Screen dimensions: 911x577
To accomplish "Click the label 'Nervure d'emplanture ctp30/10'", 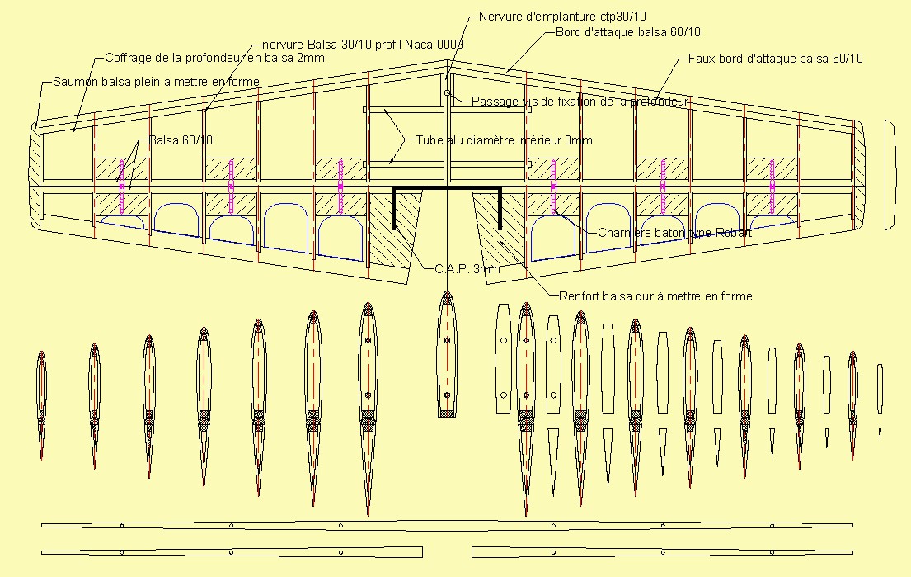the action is pyautogui.click(x=561, y=17).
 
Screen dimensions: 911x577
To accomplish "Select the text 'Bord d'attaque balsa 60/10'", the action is pyautogui.click(x=628, y=32).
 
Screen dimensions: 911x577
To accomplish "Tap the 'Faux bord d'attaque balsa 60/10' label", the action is pyautogui.click(x=775, y=59).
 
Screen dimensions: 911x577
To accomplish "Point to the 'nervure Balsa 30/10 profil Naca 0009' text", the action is pyautogui.click(x=363, y=45).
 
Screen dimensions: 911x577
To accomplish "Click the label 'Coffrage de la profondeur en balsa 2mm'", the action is pyautogui.click(x=214, y=58).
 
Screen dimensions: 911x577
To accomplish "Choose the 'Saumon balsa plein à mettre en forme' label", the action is pyautogui.click(x=156, y=82).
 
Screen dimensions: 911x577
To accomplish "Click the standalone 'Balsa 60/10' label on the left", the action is pyautogui.click(x=181, y=140).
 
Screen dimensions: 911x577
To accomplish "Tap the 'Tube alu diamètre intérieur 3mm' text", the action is pyautogui.click(x=504, y=140).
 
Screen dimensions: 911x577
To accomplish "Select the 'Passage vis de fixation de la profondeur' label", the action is pyautogui.click(x=580, y=102).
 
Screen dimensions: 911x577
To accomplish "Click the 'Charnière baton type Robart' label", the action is pyautogui.click(x=674, y=234).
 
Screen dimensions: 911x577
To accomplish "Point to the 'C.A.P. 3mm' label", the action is pyautogui.click(x=467, y=269).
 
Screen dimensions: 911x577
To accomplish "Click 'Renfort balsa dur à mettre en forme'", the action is pyautogui.click(x=655, y=296).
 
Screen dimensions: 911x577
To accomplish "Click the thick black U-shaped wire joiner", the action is pyautogui.click(x=447, y=188).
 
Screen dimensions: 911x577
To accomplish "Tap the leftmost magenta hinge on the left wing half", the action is pyautogui.click(x=121, y=187).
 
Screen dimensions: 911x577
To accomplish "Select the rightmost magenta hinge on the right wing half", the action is pyautogui.click(x=772, y=187).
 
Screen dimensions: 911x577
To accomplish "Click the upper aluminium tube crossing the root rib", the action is pyautogui.click(x=447, y=110).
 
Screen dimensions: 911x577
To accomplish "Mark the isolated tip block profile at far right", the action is pyautogui.click(x=890, y=175).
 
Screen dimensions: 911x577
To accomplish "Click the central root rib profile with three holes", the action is pyautogui.click(x=447, y=354).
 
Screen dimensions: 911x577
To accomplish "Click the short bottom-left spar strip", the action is pyautogui.click(x=232, y=552).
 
